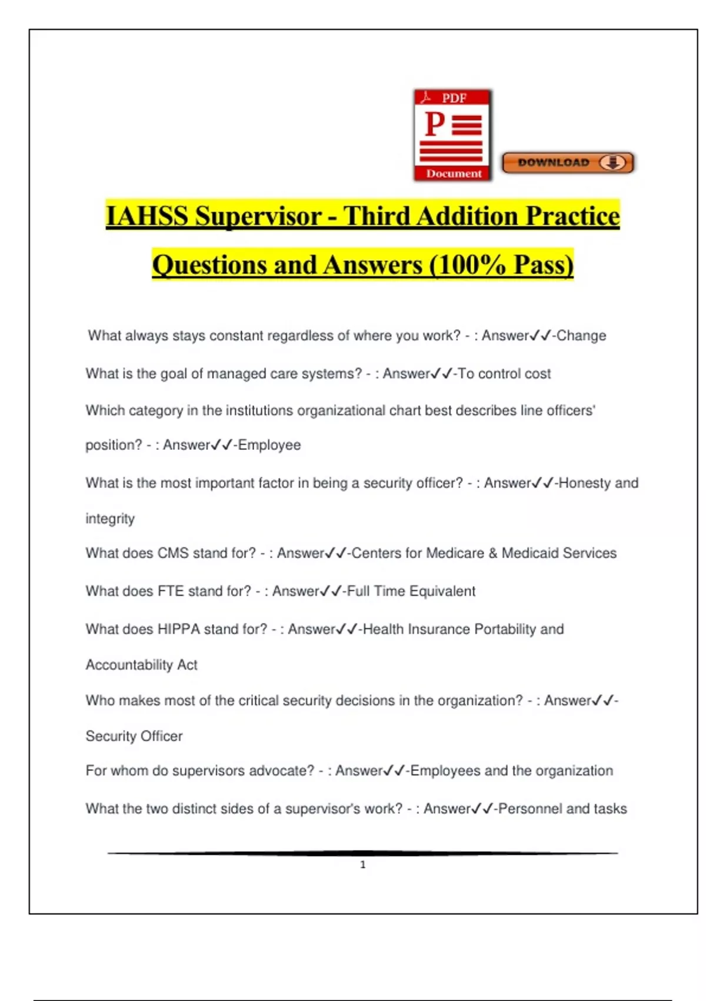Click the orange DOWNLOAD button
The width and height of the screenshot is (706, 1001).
tap(568, 163)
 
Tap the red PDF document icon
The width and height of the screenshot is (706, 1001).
tap(452, 135)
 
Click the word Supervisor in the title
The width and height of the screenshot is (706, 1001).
tap(258, 216)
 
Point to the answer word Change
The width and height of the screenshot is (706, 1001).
tap(581, 336)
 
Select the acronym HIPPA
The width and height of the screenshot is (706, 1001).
tap(179, 629)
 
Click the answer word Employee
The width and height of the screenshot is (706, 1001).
tap(269, 445)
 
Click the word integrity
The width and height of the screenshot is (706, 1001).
tap(110, 519)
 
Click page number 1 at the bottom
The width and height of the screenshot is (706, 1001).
tap(363, 864)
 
